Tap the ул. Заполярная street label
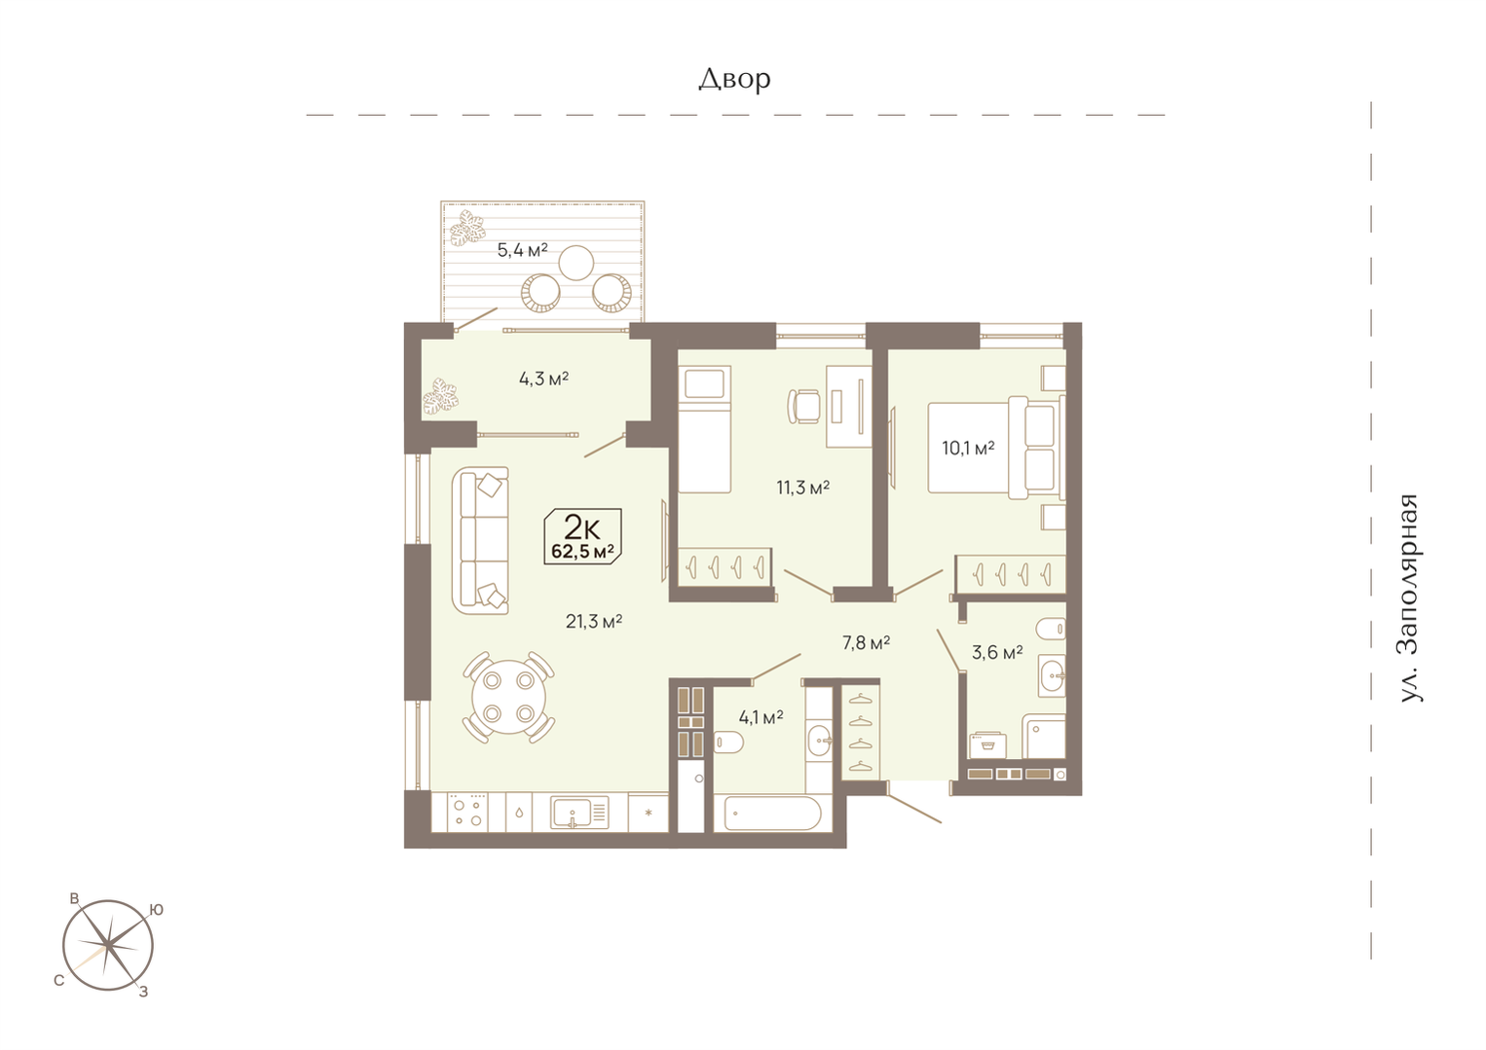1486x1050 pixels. pos(1409,597)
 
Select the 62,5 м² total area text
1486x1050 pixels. pos(582,551)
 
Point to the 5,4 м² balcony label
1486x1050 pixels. pos(522,250)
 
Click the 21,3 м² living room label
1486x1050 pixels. pos(594,621)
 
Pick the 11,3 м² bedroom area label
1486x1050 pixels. pos(802,488)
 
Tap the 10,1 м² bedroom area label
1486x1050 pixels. pos(968,448)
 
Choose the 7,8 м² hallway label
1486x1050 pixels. pos(866,642)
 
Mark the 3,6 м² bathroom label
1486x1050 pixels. pos(997,653)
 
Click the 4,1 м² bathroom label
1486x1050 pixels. pos(761,716)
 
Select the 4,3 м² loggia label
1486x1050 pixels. pos(543,379)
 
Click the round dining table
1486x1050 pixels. pos(509,698)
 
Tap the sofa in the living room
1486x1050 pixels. pos(480,540)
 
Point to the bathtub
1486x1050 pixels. pos(773,814)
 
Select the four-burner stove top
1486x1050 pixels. pos(467,813)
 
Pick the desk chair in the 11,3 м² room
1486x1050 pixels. pos(803,406)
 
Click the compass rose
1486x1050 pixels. pos(108,945)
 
